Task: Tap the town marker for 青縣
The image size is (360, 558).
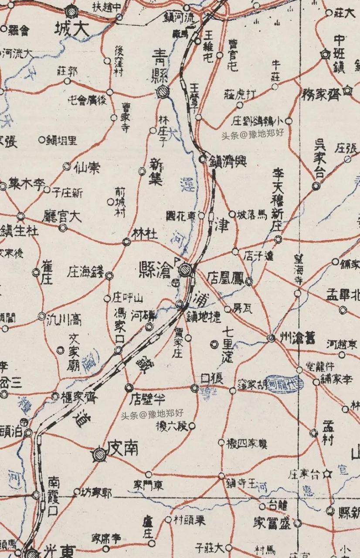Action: (163, 92)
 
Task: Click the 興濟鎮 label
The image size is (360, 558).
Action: (228, 161)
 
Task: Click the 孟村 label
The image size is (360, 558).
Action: (328, 432)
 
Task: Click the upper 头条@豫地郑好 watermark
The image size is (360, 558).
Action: (252, 134)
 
